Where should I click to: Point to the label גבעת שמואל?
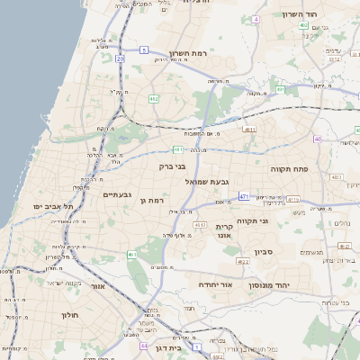click(203, 182)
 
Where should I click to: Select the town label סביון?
click(261, 253)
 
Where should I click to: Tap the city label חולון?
click(70, 316)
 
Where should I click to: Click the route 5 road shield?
click(143, 49)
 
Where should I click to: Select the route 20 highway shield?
click(120, 58)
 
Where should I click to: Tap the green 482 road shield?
click(154, 98)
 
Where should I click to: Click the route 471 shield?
click(244, 195)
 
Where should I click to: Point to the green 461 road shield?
click(132, 255)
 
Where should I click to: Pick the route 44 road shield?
click(143, 345)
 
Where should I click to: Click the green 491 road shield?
click(280, 90)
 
